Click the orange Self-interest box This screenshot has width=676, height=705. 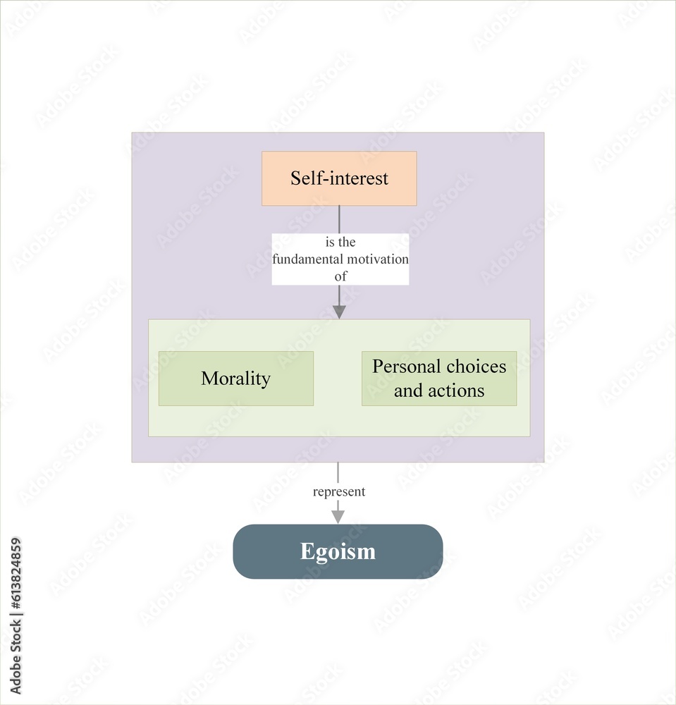[x=339, y=178]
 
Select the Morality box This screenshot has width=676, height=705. [x=236, y=379]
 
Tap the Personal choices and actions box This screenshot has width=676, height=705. [x=439, y=379]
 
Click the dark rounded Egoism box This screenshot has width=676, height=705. [x=338, y=551]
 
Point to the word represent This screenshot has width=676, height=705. [x=339, y=492]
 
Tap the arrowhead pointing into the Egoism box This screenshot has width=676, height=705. [x=338, y=517]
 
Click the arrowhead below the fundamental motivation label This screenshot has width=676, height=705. [x=339, y=312]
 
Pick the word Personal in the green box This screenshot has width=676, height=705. [x=407, y=367]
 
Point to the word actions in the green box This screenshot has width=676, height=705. [x=456, y=391]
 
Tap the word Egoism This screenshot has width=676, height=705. [x=338, y=552]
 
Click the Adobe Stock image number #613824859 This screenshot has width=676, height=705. [x=16, y=575]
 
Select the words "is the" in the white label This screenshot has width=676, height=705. [x=340, y=242]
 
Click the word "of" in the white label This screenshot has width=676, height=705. [x=340, y=276]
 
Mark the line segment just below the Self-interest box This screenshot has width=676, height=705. [x=339, y=219]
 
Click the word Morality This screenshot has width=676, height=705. [x=236, y=379]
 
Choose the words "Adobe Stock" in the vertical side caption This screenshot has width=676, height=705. [x=16, y=657]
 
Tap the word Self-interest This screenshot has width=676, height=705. [x=339, y=178]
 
